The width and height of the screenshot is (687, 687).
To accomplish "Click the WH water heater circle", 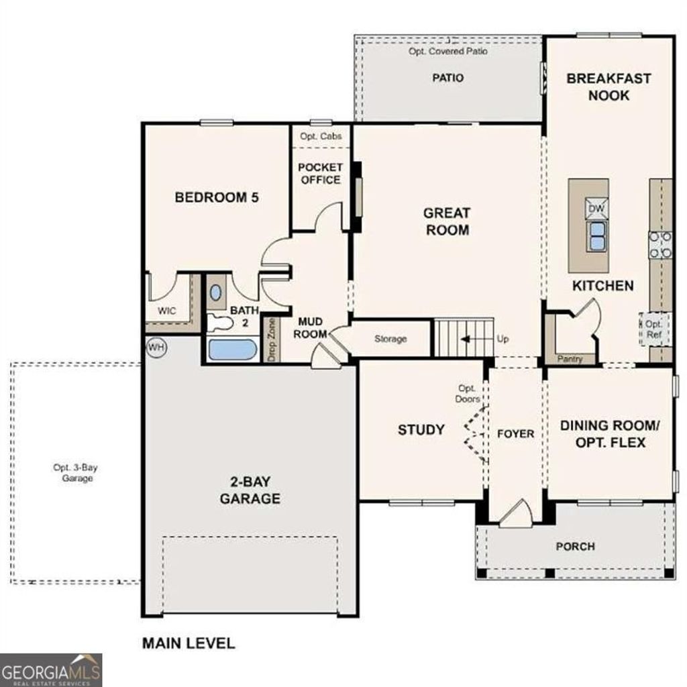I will (156, 347).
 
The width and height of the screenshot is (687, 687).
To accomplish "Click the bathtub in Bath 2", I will (231, 350).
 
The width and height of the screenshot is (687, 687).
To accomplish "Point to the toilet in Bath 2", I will (219, 323).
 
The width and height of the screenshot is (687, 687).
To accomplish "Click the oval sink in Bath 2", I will (215, 293).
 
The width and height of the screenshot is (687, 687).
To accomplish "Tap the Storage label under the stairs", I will (390, 339).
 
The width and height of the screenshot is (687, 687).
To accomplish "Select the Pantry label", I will (570, 359).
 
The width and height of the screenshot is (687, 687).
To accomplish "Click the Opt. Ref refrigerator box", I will (654, 329).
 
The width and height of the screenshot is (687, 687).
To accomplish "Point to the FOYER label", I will (515, 434).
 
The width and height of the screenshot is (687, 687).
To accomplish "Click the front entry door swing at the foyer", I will (517, 513).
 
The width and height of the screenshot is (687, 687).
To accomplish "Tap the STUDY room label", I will (421, 429).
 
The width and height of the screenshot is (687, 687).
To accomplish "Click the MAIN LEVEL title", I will (189, 643).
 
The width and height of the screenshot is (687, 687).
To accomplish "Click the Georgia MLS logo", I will (51, 670).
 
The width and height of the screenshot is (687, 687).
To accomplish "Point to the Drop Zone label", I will (272, 339).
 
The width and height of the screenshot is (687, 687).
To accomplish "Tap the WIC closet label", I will (167, 311).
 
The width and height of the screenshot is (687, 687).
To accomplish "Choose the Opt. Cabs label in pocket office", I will (321, 136).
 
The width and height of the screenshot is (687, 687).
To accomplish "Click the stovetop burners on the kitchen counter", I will (661, 245).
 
